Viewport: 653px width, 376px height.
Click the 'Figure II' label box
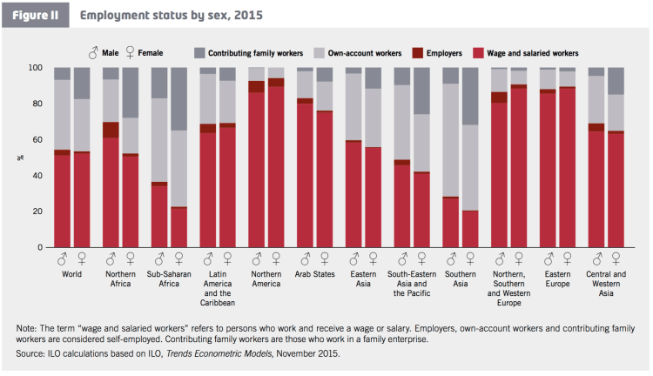point(35,15)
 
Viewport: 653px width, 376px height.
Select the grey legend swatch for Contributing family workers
point(199,53)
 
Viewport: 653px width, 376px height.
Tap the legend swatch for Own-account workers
point(318,53)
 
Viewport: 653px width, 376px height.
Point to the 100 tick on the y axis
point(36,68)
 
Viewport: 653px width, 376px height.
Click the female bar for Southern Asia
point(470,158)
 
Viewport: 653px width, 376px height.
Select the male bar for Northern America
point(256,158)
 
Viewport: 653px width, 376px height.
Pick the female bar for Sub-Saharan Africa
point(178,158)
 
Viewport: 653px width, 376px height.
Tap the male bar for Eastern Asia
point(353,158)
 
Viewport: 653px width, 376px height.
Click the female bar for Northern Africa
point(130,158)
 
